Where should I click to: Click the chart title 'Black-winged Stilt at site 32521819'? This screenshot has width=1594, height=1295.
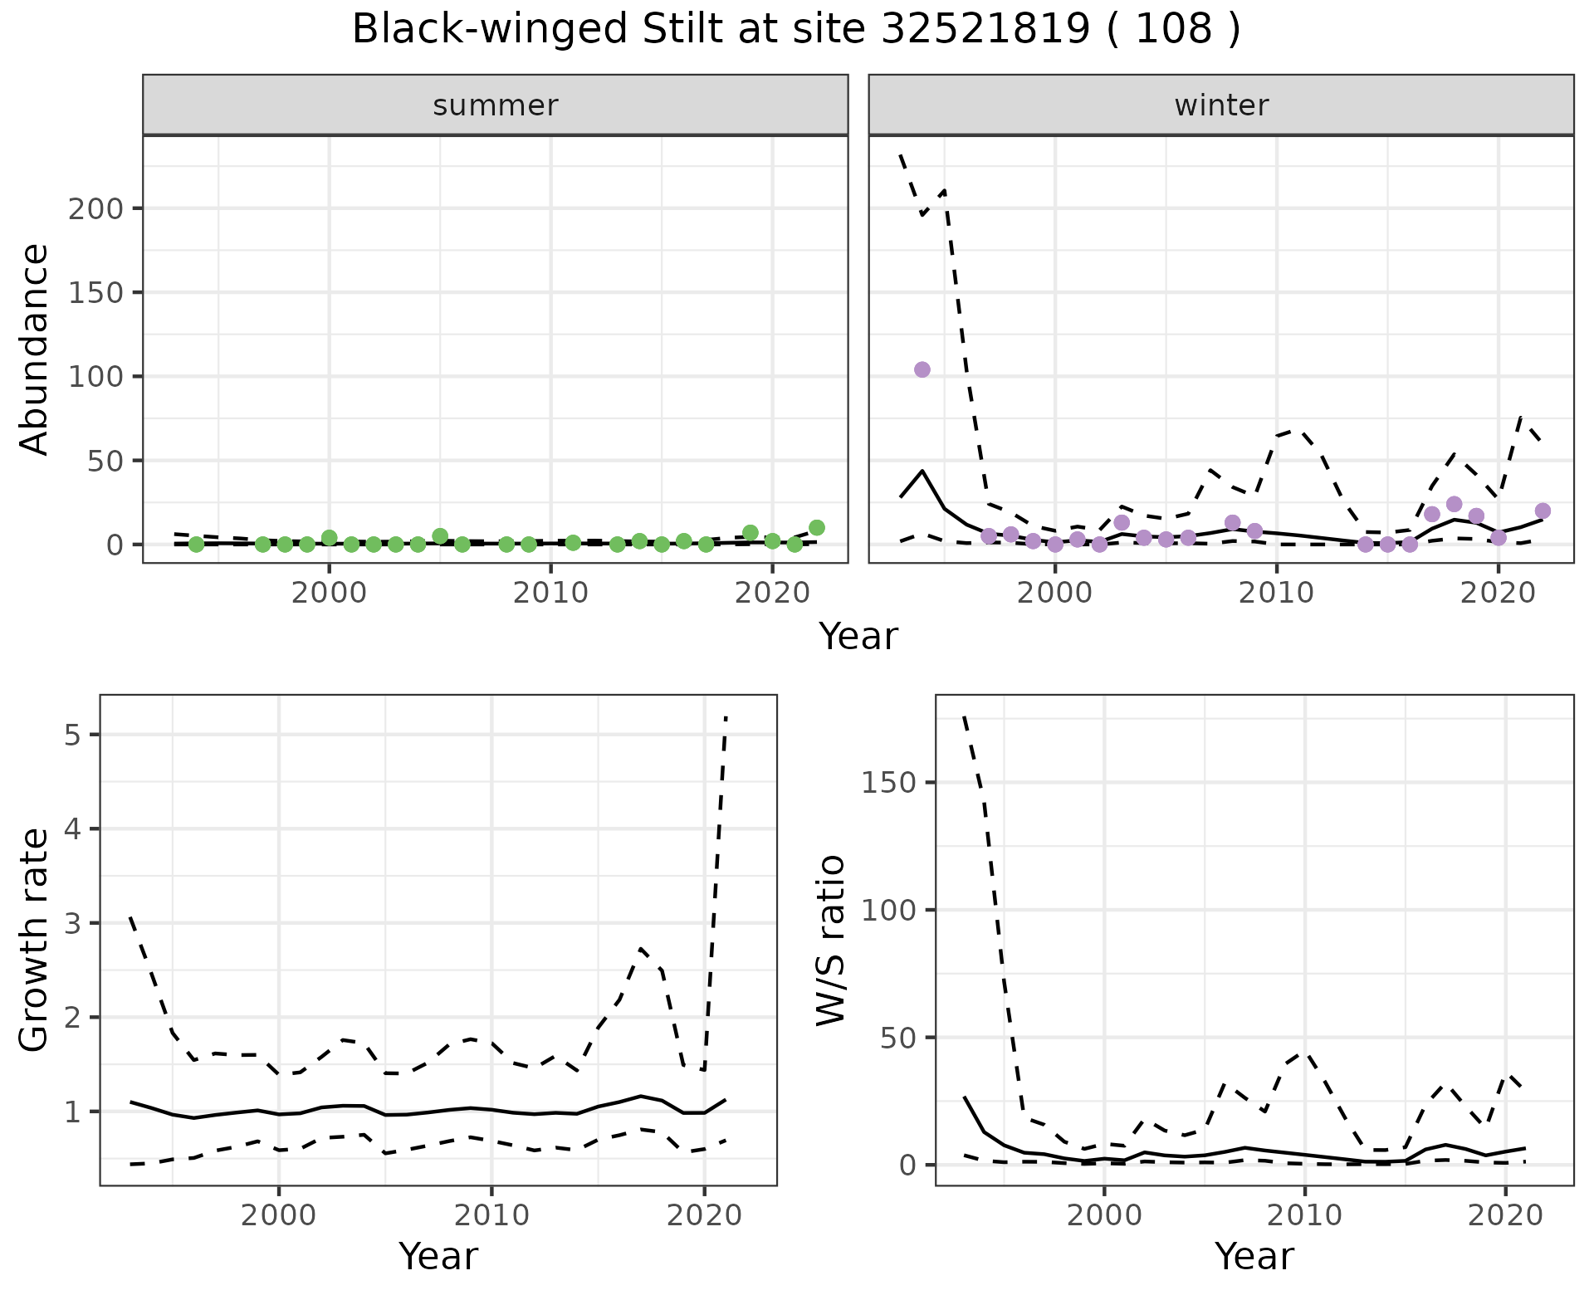795,30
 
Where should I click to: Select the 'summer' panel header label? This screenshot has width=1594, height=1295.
496,105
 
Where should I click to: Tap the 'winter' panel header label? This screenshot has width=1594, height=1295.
1221,105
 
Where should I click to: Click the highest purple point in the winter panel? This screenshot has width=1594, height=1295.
922,369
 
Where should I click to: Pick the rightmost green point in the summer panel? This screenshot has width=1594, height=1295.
817,528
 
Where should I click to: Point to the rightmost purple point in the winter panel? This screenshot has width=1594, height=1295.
1543,511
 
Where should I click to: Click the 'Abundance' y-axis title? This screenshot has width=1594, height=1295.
35,349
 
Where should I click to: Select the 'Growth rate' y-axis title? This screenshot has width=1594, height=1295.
35,940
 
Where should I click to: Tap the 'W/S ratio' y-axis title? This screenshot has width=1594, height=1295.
831,940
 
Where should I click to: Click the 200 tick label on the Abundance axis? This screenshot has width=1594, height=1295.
95,208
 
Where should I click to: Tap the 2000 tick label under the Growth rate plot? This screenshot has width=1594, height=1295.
279,1216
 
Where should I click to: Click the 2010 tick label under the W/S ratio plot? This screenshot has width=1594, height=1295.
1304,1216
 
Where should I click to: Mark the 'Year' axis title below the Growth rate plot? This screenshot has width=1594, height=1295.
438,1256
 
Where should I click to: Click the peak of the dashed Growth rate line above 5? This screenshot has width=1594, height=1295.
726,716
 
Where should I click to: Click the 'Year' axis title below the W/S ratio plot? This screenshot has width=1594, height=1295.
1254,1256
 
